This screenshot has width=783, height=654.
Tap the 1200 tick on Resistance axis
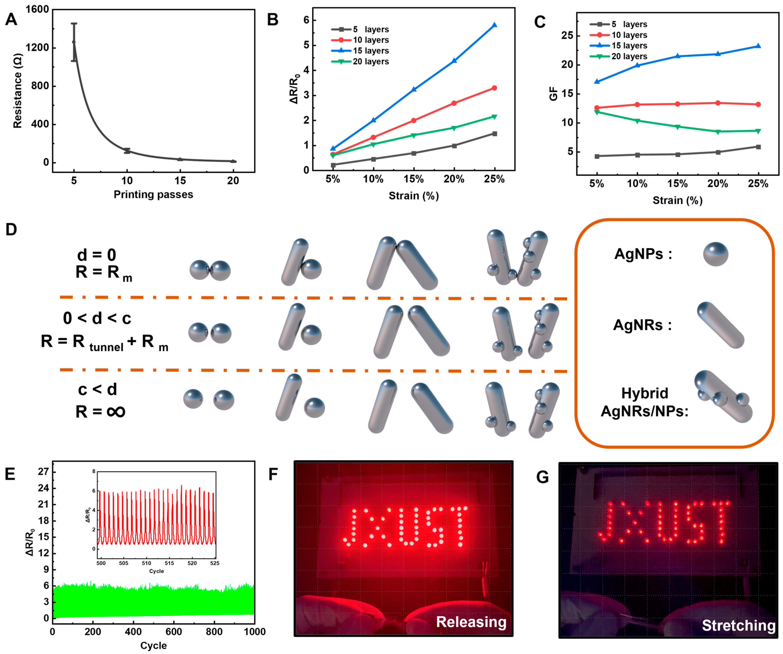pos(37,48)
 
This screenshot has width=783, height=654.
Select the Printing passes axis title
pos(153,194)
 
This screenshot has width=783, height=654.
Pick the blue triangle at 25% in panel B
pos(494,25)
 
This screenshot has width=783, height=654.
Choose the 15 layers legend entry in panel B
pos(371,51)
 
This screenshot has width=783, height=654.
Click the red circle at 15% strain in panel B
pos(413,120)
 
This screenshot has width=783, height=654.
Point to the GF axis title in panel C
pos(554,94)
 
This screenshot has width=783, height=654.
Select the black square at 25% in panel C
pos(758,147)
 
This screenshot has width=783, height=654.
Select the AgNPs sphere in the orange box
pos(715,254)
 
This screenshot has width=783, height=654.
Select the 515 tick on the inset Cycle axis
pos(169,563)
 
